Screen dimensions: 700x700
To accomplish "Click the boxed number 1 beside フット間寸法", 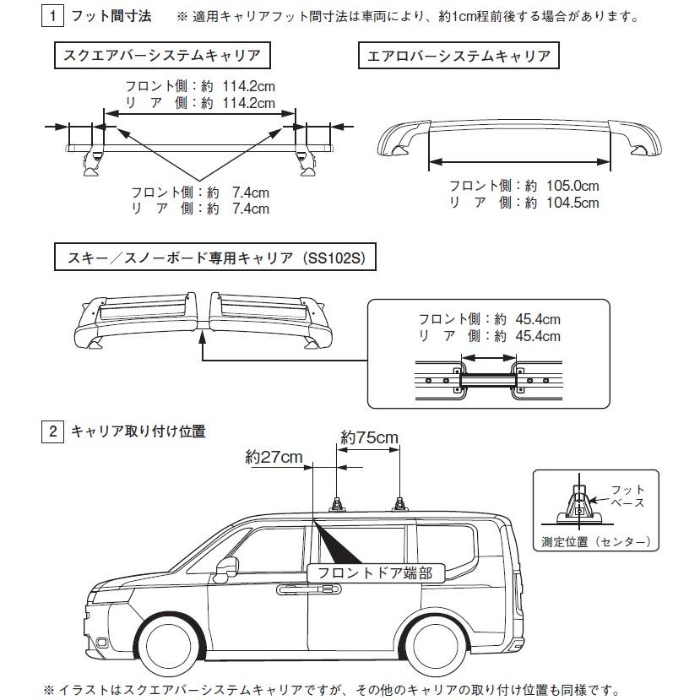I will coord(53,16).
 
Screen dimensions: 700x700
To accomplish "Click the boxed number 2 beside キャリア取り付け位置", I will coord(53,431).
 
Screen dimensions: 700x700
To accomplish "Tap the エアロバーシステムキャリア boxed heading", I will coord(459,57).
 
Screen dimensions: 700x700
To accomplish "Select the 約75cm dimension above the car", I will coord(369,437).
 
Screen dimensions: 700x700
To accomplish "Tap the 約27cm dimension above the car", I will coord(274,457).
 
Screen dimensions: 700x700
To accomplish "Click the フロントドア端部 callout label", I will coord(375,573).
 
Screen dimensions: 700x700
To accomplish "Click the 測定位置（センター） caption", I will coord(596,541).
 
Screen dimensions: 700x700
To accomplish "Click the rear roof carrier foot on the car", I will coord(399,504).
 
